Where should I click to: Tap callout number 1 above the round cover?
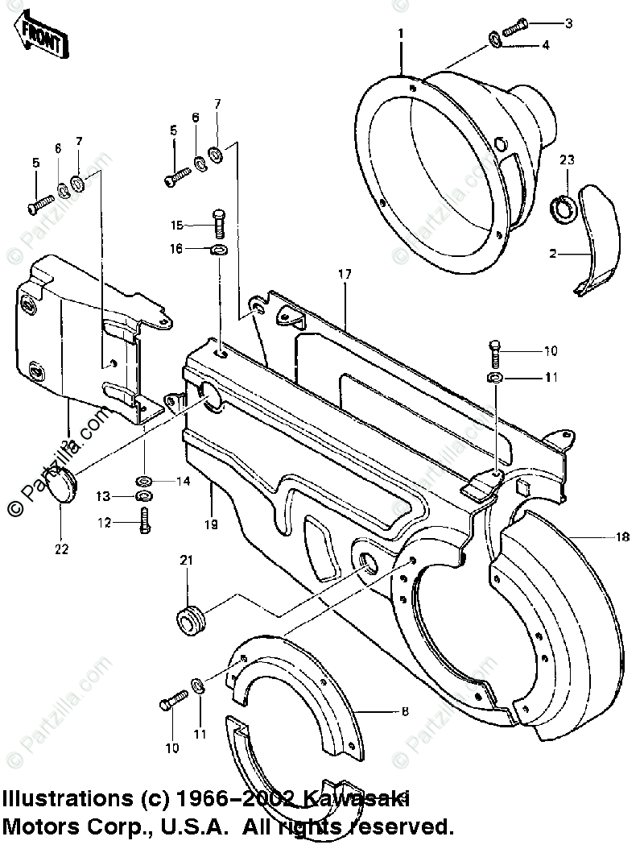[x=400, y=33]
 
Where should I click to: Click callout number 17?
[x=345, y=275]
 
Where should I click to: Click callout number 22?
[x=62, y=549]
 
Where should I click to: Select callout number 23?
[x=568, y=160]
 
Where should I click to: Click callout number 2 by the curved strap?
[x=553, y=255]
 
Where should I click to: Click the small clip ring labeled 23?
[x=563, y=210]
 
